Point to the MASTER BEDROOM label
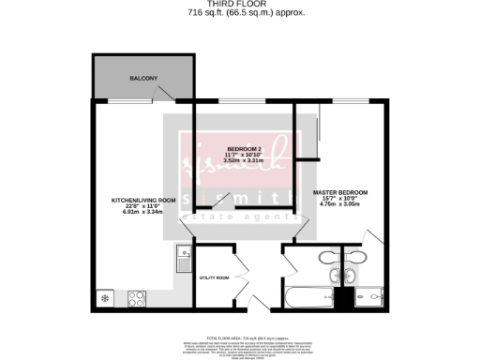pyautogui.click(x=340, y=192)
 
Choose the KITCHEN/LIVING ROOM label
pyautogui.click(x=143, y=200)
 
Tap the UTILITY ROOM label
pyautogui.click(x=215, y=277)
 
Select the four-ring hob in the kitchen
pyautogui.click(x=137, y=300)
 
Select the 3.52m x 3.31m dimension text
pyautogui.click(x=247, y=161)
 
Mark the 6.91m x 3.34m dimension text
pyautogui.click(x=143, y=212)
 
